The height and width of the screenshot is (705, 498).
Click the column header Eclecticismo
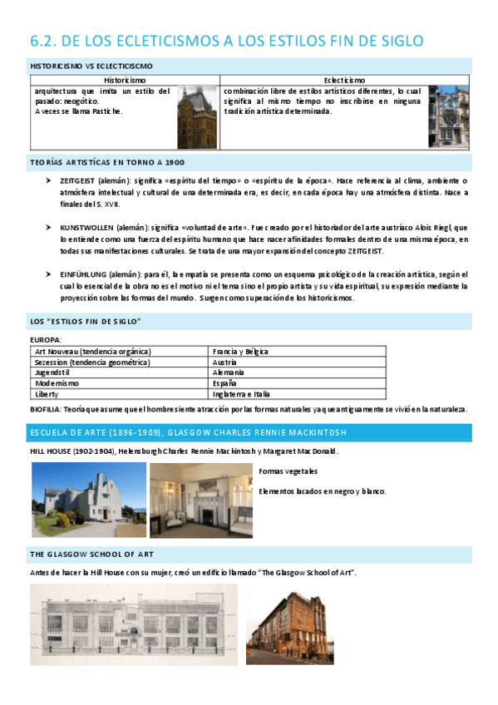tap(344, 80)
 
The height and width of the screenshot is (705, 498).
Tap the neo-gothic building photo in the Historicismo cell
tap(197, 116)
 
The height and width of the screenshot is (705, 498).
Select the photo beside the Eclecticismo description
tap(449, 116)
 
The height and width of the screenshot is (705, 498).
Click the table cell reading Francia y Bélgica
tap(240, 352)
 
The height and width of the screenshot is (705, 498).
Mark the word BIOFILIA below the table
tap(45, 409)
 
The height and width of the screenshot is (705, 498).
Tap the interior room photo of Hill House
tap(202, 499)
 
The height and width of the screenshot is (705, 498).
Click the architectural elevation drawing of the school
tap(133, 624)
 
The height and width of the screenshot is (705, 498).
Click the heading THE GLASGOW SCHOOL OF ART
tap(91, 554)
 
